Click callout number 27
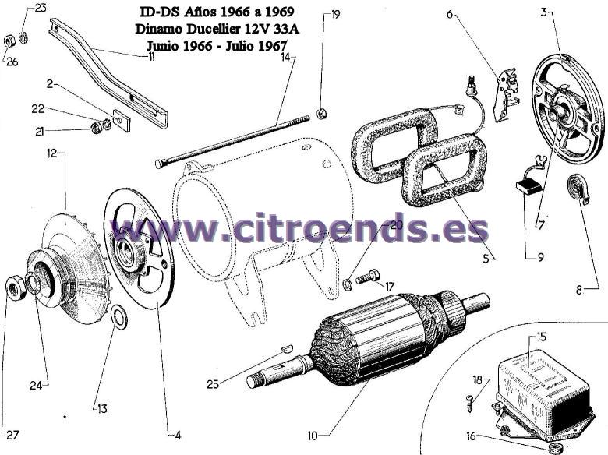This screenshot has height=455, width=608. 13,435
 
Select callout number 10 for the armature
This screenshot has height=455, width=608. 313,436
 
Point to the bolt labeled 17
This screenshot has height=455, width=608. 367,277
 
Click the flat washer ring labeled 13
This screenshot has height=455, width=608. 119,316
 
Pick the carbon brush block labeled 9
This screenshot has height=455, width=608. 528,187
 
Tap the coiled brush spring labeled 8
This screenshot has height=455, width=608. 578,189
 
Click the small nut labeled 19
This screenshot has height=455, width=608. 321,114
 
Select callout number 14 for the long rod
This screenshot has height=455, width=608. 285,57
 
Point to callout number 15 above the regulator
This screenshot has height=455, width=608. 541,337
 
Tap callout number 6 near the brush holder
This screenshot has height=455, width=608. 450,14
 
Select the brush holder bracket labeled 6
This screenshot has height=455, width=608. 507,93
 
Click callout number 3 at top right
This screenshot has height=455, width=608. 544,12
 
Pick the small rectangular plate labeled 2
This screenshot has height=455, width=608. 122,118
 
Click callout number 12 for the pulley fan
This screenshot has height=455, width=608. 52,153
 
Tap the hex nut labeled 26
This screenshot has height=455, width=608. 9,41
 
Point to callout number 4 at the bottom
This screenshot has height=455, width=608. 178,436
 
